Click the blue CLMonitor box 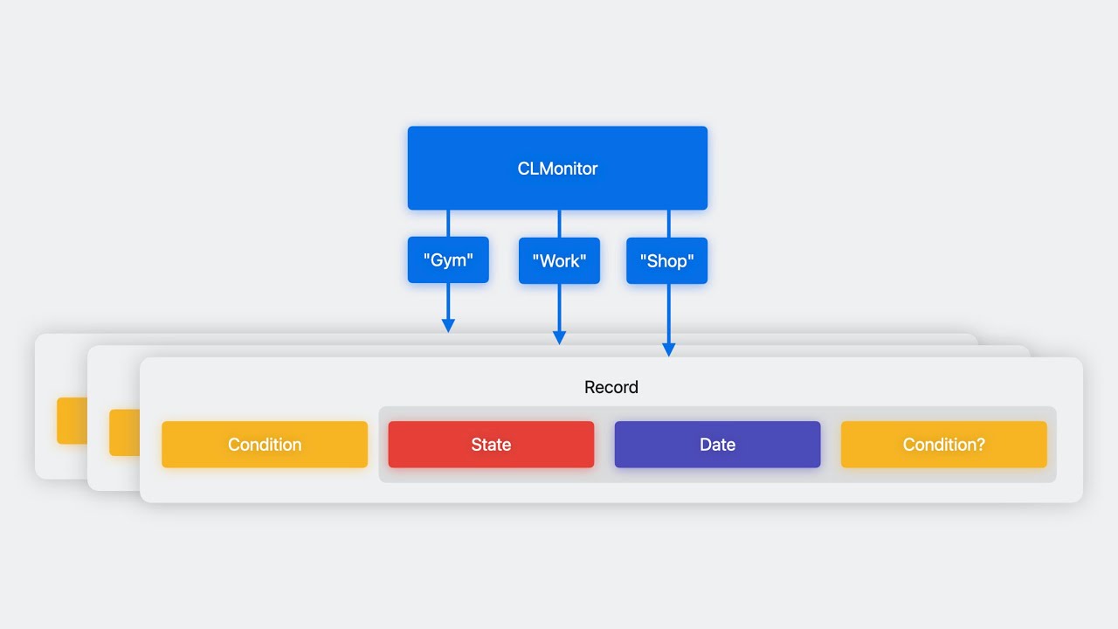557,168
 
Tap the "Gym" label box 448,259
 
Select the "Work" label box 559,260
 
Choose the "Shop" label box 666,260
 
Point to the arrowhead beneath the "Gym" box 448,326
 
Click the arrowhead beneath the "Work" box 559,337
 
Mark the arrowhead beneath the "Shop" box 669,349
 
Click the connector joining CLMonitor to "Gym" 448,223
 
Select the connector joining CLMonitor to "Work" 559,223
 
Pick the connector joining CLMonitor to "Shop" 669,223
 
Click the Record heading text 611,387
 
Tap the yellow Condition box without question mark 265,445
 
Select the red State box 491,445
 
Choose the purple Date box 717,445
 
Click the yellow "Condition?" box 943,445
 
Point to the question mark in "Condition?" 980,445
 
